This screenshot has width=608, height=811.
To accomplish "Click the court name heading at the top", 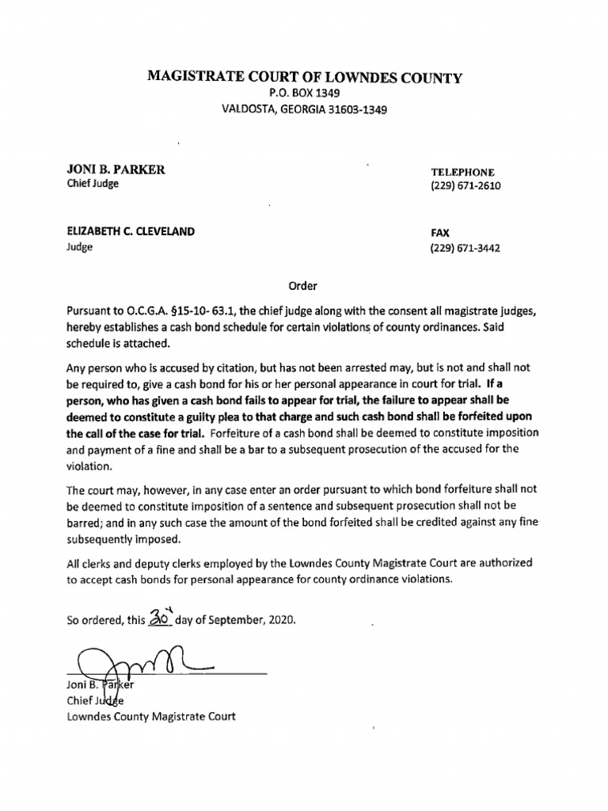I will coord(305,77).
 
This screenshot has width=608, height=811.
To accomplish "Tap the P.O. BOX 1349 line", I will coord(304,94).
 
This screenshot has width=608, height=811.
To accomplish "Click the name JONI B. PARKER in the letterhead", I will coord(116,170).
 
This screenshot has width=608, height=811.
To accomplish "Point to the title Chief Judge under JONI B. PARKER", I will coord(92,185).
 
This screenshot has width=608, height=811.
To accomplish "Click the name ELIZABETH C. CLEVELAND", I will coord(131,231).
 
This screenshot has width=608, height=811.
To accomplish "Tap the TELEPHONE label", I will coord(462,172).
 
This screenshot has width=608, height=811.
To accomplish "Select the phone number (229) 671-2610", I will coord(465,187).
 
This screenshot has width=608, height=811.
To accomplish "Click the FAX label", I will coord(440,233).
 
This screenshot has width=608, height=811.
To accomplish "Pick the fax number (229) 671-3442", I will coord(465,248).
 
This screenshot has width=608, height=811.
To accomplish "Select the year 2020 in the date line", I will coord(283,620).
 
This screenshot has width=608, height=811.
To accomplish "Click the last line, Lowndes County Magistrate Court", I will coord(150,717).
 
